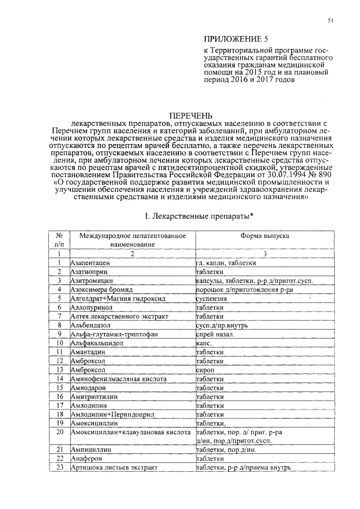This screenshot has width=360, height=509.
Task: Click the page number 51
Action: point(331,21)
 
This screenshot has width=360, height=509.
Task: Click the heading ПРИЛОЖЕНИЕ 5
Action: point(233,39)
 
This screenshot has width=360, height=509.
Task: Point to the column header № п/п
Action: point(58,240)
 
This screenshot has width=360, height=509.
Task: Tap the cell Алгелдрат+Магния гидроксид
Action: point(110,299)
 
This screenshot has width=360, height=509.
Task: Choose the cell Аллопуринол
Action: point(91,308)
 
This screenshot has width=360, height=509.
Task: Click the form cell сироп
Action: point(204,371)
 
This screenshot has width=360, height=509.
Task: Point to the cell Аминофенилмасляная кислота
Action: point(118,380)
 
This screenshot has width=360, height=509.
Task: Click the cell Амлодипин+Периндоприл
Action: point(106,415)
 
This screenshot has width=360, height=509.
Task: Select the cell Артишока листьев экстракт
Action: point(112,467)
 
